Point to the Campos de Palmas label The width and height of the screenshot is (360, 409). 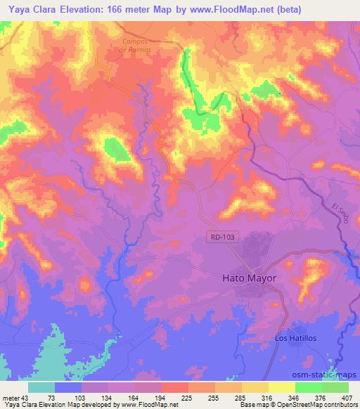[136, 45]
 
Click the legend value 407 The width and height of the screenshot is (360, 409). [346, 397]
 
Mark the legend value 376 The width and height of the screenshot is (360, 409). [319, 397]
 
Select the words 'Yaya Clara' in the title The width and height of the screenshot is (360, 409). [27, 9]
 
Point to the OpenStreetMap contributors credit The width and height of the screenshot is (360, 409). [311, 405]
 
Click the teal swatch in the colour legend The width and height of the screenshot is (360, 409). [41, 387]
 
